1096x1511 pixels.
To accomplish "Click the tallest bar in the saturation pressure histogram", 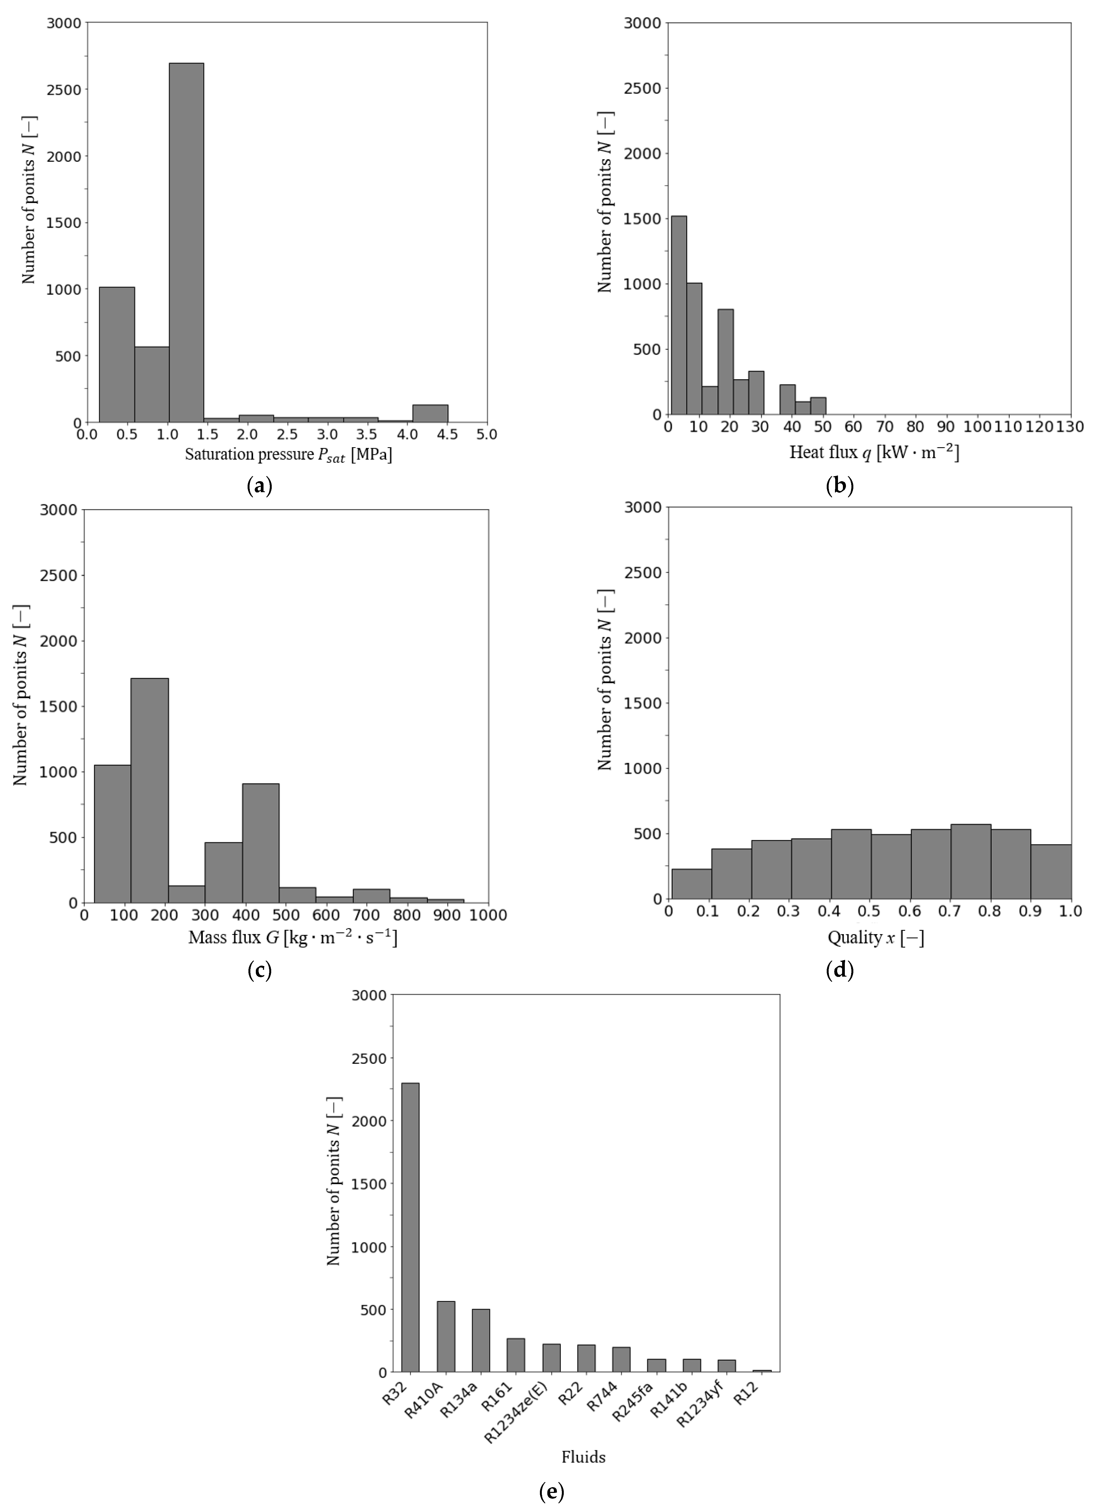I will tap(186, 243).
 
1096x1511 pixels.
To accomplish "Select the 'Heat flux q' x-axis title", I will tap(874, 453).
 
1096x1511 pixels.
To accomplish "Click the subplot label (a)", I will tap(259, 486).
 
